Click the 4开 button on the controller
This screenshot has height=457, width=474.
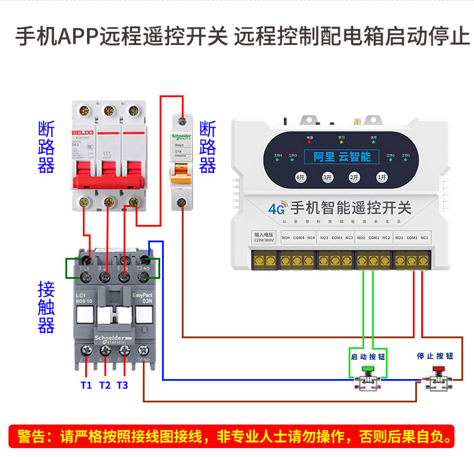coord(301,178)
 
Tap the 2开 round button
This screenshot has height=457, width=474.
coord(354,178)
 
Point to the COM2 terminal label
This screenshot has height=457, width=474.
coord(373,238)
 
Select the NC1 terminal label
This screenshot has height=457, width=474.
coord(424,238)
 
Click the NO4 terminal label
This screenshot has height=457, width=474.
coord(286,238)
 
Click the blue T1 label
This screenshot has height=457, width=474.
coord(86,385)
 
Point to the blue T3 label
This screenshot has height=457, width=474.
coord(122,385)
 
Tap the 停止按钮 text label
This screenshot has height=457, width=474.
coord(435,356)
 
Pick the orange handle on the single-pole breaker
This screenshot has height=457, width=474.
coord(182,175)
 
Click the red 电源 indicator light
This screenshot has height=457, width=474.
coord(310,143)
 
